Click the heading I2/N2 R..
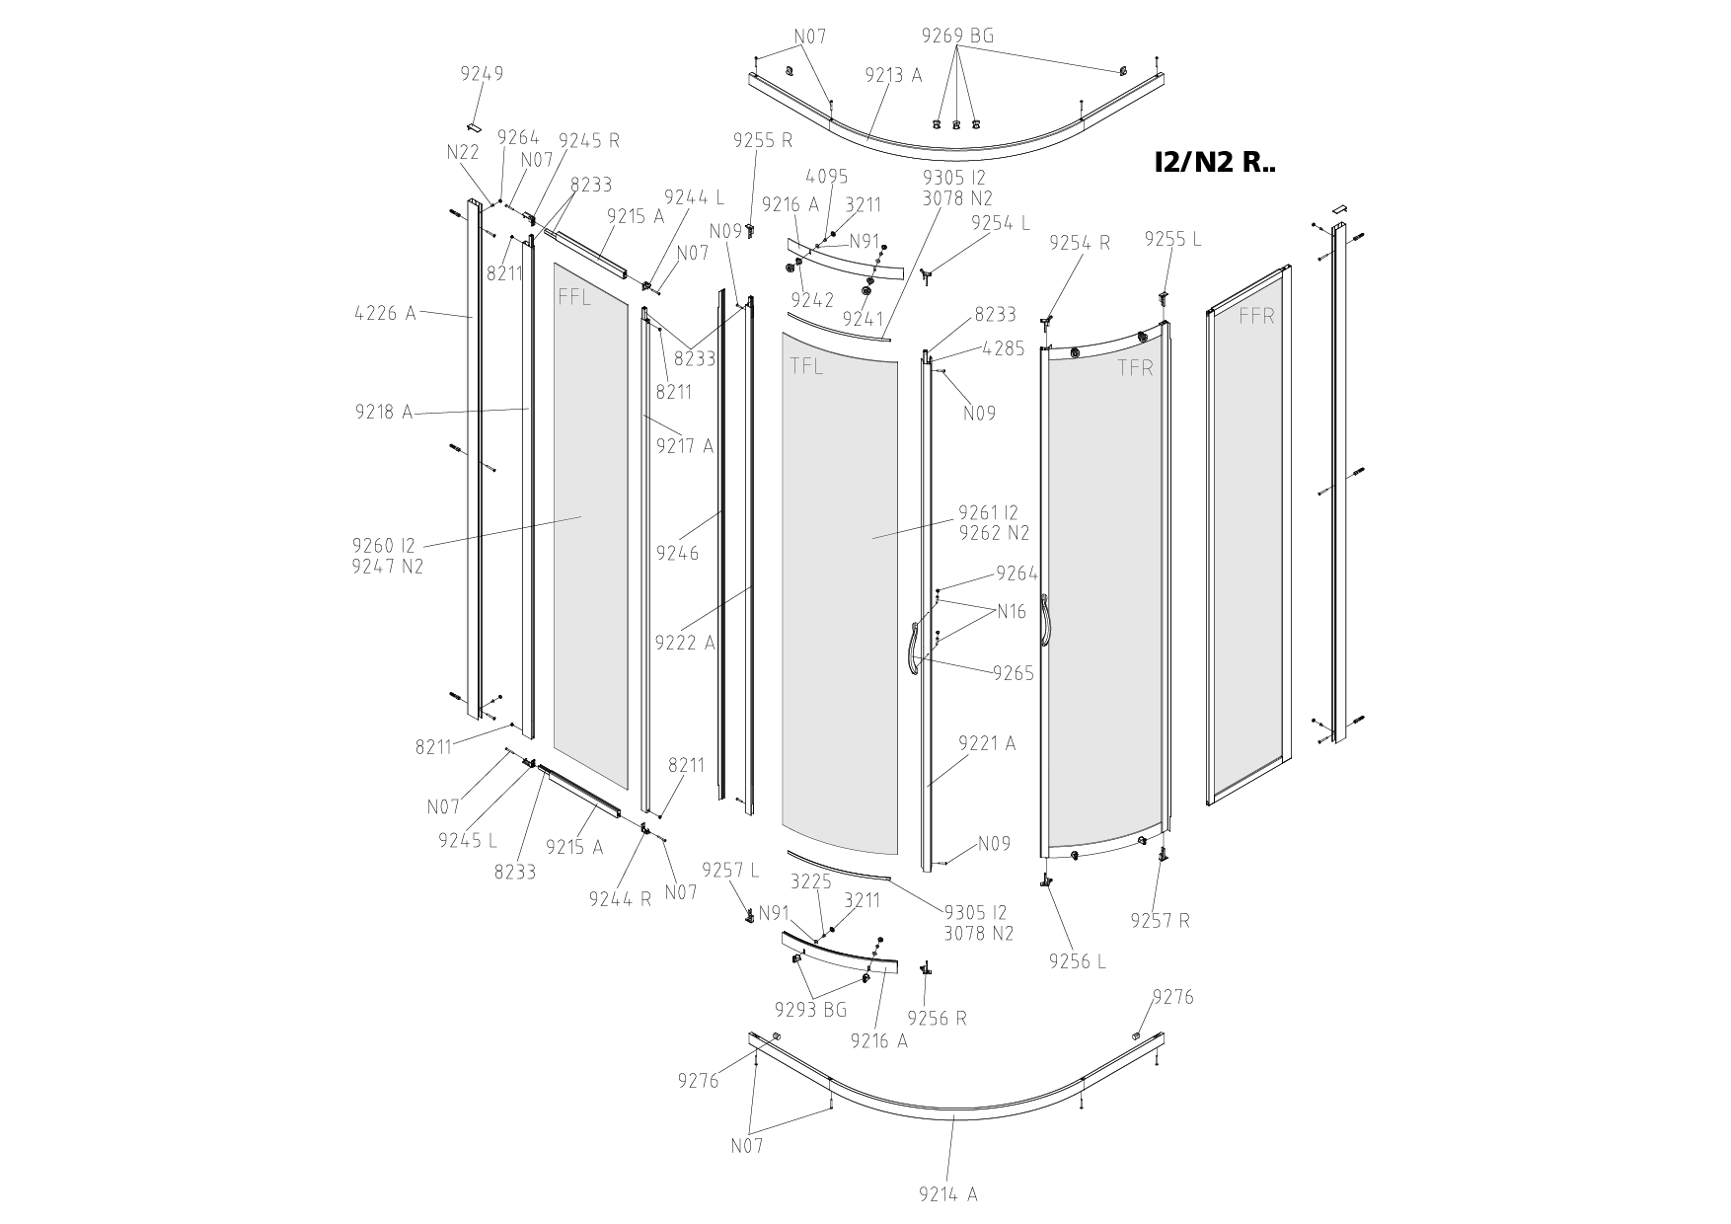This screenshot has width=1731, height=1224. (x=1214, y=163)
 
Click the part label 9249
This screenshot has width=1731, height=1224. (x=482, y=74)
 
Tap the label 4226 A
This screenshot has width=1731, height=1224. (x=385, y=314)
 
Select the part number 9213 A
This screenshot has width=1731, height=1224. (x=893, y=75)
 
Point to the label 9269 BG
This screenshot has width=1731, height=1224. (x=957, y=37)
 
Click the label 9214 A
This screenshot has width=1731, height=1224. (x=947, y=1194)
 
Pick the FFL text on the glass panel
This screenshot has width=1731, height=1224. (x=574, y=297)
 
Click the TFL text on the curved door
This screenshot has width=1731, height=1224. (x=806, y=367)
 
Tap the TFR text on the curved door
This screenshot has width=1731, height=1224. (x=1135, y=368)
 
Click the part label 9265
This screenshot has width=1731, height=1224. (x=1014, y=673)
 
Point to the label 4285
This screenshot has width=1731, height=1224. (x=1004, y=348)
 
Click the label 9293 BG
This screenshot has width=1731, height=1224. (x=811, y=1010)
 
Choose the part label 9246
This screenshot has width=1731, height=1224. (x=677, y=553)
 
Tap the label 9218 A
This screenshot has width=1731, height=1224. (x=384, y=413)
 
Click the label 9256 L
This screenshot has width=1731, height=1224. (x=1078, y=961)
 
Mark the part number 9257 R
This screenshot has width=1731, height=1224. (x=1161, y=921)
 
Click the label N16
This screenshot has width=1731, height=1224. (x=1012, y=612)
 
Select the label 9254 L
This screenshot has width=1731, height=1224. (x=1000, y=223)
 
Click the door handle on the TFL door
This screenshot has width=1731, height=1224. (x=913, y=650)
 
